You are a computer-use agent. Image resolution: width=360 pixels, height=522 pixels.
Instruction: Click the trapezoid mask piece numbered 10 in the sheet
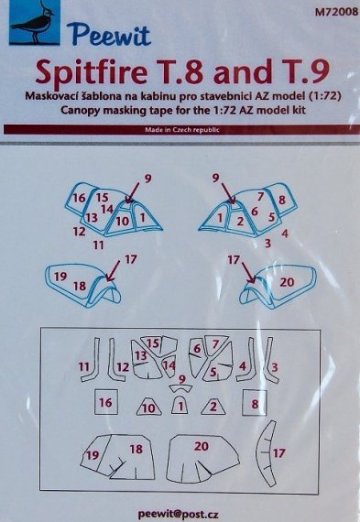pyautogui.click(x=147, y=407)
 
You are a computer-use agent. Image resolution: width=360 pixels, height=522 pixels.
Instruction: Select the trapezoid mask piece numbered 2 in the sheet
pyautogui.click(x=213, y=406)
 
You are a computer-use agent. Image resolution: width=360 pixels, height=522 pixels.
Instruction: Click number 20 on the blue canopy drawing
pyautogui.click(x=287, y=283)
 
